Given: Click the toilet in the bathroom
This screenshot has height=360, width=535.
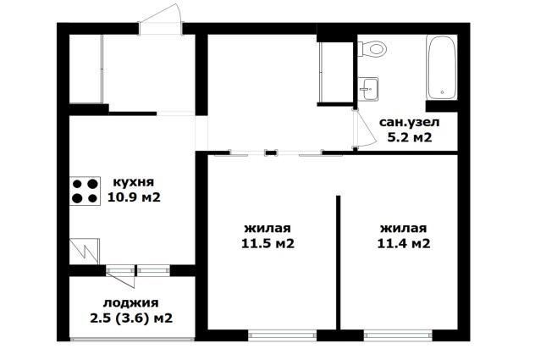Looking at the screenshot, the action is pyautogui.click(x=372, y=48).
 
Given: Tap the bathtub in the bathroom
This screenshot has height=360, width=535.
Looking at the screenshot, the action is pyautogui.click(x=442, y=68).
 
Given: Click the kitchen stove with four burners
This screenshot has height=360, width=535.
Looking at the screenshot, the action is pyautogui.click(x=85, y=191).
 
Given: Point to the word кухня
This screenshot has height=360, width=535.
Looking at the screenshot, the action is pyautogui.click(x=134, y=182).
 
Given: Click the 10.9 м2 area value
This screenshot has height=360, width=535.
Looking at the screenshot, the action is pyautogui.click(x=134, y=197).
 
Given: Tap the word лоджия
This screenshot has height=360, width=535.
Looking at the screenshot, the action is pyautogui.click(x=131, y=303).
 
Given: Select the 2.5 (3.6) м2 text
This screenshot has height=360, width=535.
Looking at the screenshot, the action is pyautogui.click(x=131, y=318).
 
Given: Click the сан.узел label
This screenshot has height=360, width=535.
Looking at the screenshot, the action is pyautogui.click(x=410, y=122).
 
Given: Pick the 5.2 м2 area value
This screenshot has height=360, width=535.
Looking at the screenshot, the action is pyautogui.click(x=410, y=137).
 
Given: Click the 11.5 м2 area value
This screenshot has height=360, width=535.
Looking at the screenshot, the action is pyautogui.click(x=267, y=243).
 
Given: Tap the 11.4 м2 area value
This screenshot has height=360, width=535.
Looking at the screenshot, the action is pyautogui.click(x=404, y=243).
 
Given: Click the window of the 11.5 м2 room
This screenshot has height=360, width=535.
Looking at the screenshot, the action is pyautogui.click(x=282, y=335).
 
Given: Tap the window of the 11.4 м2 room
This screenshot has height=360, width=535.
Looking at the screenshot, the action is pyautogui.click(x=398, y=335).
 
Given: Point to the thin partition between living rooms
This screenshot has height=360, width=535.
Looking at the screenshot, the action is pyautogui.click(x=338, y=263).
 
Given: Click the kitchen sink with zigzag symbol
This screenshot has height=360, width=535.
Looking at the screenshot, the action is pyautogui.click(x=85, y=251).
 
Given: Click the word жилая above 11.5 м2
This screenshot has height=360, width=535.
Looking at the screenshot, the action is pyautogui.click(x=267, y=228).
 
